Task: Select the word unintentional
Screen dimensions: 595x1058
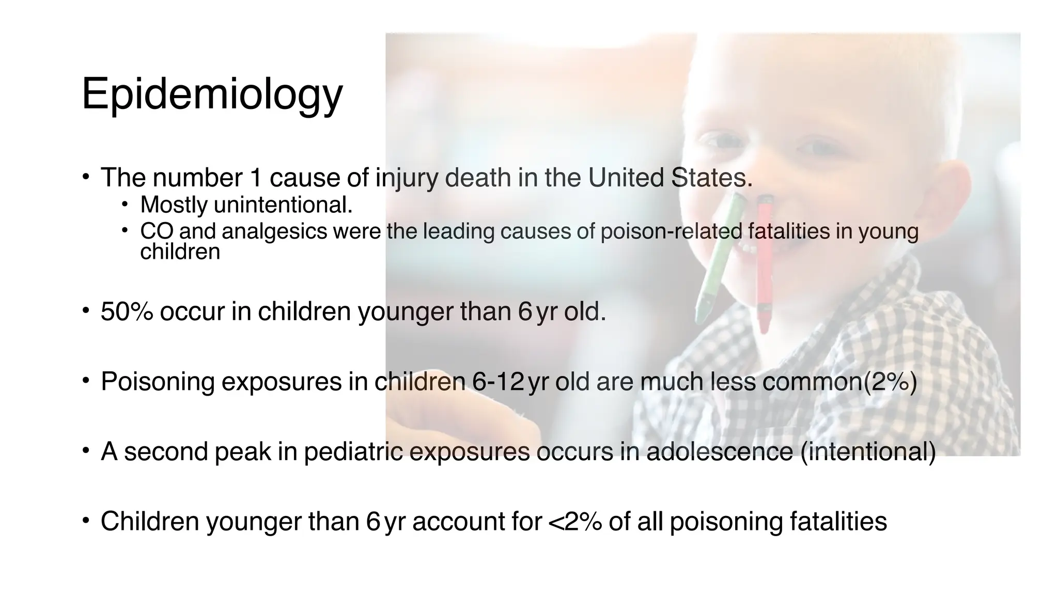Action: [x=283, y=205]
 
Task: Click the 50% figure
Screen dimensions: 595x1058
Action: [x=127, y=311]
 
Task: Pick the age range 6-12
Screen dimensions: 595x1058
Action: [x=498, y=382]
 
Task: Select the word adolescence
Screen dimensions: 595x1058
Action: [x=719, y=451]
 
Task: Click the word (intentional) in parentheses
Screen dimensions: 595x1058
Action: [x=868, y=451]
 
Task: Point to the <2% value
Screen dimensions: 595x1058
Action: [x=574, y=521]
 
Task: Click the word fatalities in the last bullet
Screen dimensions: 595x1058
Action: [x=838, y=521]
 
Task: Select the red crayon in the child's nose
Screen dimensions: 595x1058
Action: [x=764, y=263]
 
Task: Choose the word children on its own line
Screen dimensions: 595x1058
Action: [x=180, y=252]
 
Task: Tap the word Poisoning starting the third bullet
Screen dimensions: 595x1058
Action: [x=158, y=382]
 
